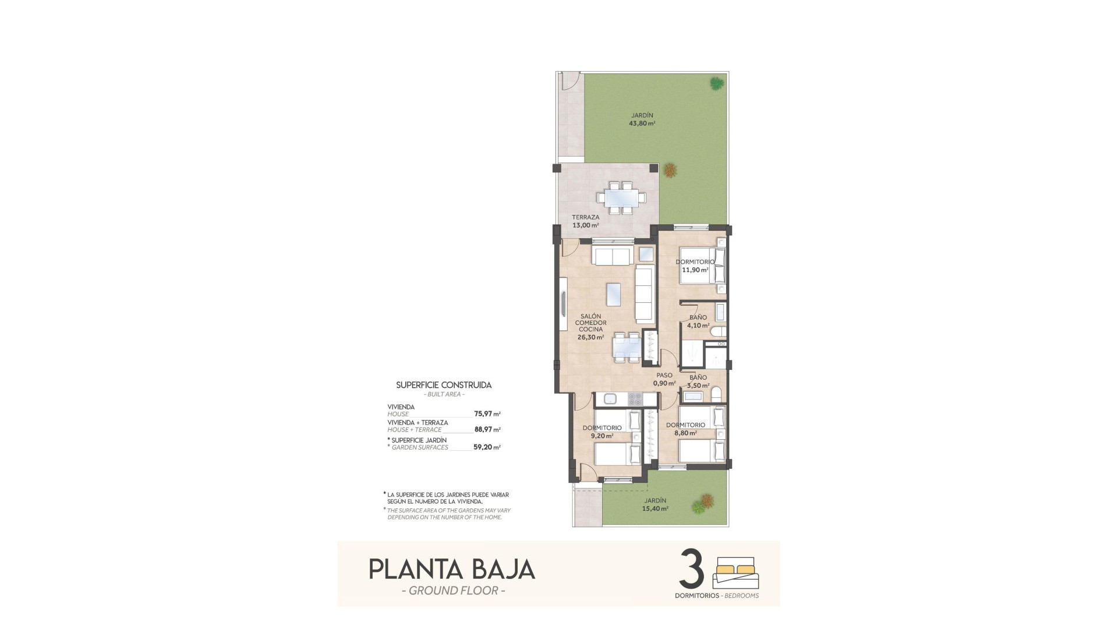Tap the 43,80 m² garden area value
click(641, 123)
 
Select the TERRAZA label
click(585, 217)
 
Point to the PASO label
click(664, 376)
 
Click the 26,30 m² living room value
click(590, 337)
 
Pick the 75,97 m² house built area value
click(487, 414)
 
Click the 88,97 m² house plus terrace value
click(487, 430)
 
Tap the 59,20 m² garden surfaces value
click(487, 447)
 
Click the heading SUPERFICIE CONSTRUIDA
click(444, 385)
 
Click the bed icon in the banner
click(736, 573)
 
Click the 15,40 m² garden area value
click(656, 508)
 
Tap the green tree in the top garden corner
click(716, 83)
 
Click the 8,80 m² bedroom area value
click(685, 433)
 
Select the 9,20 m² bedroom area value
click(602, 436)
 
